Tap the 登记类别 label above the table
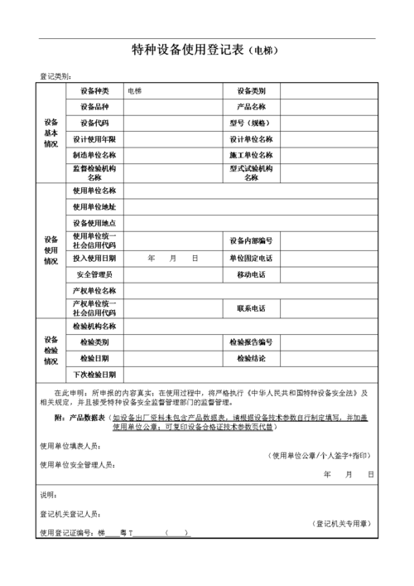coord(55,76)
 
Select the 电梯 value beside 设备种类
coord(134,90)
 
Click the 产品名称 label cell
coord(251,106)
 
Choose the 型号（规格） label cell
coord(251,122)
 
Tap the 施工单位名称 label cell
coord(251,155)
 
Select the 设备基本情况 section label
coord(51,131)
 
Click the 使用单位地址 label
coord(94,206)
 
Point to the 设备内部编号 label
coord(251,240)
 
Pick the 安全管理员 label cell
coord(94,274)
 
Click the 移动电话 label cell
coord(251,274)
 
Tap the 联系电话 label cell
coord(251,308)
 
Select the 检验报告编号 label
coord(251,341)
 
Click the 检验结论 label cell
coord(251,358)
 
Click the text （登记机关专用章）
coord(342,523)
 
